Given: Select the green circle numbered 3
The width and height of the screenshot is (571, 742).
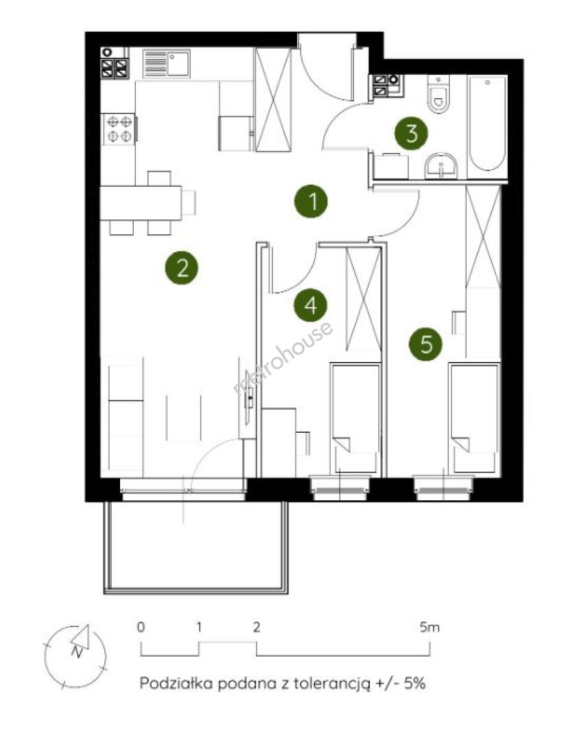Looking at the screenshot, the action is (411, 133).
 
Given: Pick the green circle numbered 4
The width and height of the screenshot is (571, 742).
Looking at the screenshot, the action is (311, 305).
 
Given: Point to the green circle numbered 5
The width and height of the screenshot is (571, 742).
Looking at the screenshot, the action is (426, 344).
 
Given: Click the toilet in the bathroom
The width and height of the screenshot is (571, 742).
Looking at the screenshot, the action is (439, 95).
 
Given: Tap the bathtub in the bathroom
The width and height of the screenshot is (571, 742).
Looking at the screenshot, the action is (487, 124).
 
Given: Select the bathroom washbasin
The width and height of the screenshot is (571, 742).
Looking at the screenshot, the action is (441, 166).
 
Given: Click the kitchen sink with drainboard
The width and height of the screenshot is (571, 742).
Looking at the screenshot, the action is (166, 63).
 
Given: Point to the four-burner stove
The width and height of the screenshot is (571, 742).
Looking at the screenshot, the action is (119, 128).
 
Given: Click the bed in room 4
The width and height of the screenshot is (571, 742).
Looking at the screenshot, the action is (356, 418).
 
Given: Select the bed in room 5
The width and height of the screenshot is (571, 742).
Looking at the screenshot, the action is (474, 418).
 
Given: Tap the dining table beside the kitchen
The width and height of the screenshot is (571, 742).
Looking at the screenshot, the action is (141, 203).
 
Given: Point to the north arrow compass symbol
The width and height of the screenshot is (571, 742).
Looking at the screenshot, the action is (75, 656).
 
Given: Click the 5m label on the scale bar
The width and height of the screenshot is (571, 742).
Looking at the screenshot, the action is (429, 627).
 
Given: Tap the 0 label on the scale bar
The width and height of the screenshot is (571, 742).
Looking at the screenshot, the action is (141, 627).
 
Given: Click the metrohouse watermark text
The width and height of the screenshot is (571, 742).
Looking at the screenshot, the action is (283, 358).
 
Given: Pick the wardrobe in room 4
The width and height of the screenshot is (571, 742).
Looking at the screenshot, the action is (364, 299).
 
